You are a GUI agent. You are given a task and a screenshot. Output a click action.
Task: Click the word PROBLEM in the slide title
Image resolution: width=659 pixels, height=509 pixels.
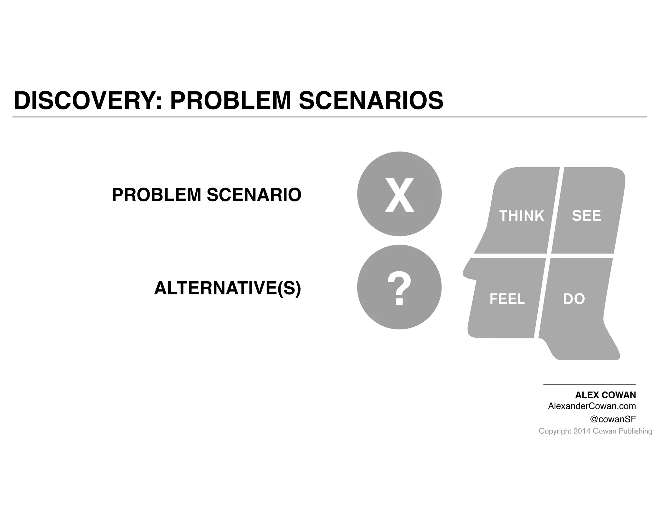coord(230,101)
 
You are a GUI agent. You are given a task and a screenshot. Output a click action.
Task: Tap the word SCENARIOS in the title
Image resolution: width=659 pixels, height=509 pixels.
coord(371,101)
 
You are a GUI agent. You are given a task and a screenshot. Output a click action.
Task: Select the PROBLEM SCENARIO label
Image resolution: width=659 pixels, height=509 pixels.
coord(207,195)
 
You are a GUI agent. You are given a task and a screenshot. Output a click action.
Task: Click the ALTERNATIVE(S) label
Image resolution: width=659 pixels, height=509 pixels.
coord(227,288)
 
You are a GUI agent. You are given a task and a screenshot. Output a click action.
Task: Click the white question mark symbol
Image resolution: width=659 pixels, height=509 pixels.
coord(399,289)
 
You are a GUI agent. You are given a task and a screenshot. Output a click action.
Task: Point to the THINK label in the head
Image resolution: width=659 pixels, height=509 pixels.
coord(521,216)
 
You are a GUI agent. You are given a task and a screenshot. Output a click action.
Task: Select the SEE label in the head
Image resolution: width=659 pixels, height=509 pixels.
coord(586,216)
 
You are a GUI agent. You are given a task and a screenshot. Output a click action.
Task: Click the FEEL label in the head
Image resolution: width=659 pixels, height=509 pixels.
coord(507,299)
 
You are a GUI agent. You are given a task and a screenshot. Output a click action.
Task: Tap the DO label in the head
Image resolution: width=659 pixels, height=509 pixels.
coord(574,299)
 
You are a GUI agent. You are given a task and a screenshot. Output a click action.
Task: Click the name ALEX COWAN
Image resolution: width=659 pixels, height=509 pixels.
coord(605,395)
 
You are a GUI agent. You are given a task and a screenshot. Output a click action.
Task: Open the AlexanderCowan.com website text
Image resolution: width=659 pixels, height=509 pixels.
coord(592,406)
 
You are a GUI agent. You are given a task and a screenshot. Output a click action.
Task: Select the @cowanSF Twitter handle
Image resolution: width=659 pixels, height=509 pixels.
coord(613,419)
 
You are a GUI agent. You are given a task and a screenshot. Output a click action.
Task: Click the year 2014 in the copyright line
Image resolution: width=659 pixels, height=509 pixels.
coord(582,431)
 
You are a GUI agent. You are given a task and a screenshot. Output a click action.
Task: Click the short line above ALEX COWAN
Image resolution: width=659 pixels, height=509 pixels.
coord(589,385)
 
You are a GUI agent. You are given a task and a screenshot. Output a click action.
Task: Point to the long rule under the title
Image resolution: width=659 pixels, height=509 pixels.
coord(329,117)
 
